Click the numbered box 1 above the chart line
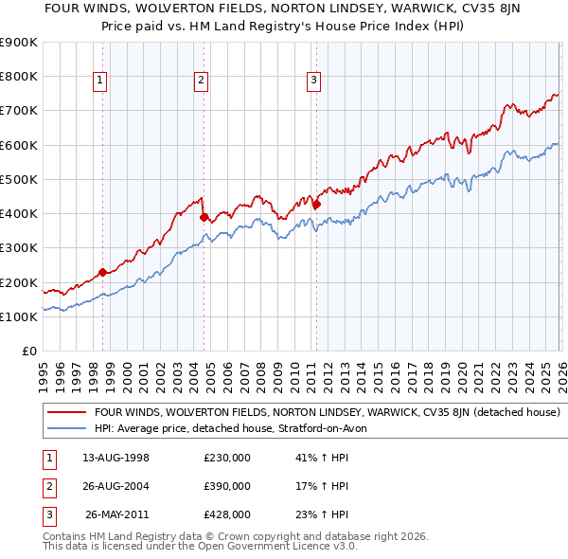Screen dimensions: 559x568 (x=100, y=81)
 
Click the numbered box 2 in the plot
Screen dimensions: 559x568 (x=202, y=81)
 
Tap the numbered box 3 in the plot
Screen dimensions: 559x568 (x=313, y=81)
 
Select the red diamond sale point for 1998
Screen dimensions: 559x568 (x=102, y=272)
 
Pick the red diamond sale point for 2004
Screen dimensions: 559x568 (x=204, y=217)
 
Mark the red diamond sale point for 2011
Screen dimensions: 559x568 (x=316, y=204)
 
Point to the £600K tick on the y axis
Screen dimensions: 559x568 (x=19, y=145)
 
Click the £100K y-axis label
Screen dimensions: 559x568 (x=19, y=316)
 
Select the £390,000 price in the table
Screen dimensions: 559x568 (x=227, y=486)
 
